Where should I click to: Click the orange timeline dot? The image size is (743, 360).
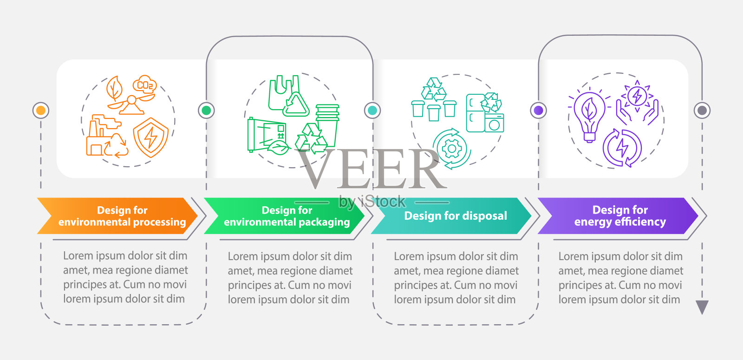(x=41, y=110)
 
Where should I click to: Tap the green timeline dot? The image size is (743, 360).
(x=206, y=110)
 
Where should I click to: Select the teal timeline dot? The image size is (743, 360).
(x=372, y=110)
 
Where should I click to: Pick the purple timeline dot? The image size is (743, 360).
(x=538, y=110)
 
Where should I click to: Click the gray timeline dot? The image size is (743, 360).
(x=702, y=110)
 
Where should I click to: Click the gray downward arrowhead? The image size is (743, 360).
(x=702, y=307)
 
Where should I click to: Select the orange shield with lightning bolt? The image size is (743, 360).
(x=150, y=137)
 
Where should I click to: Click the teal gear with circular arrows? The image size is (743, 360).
(x=451, y=149)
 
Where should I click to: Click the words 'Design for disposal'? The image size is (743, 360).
(x=456, y=216)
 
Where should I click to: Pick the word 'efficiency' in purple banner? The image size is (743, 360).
(x=640, y=222)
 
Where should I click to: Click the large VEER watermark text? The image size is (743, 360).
(x=371, y=170)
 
